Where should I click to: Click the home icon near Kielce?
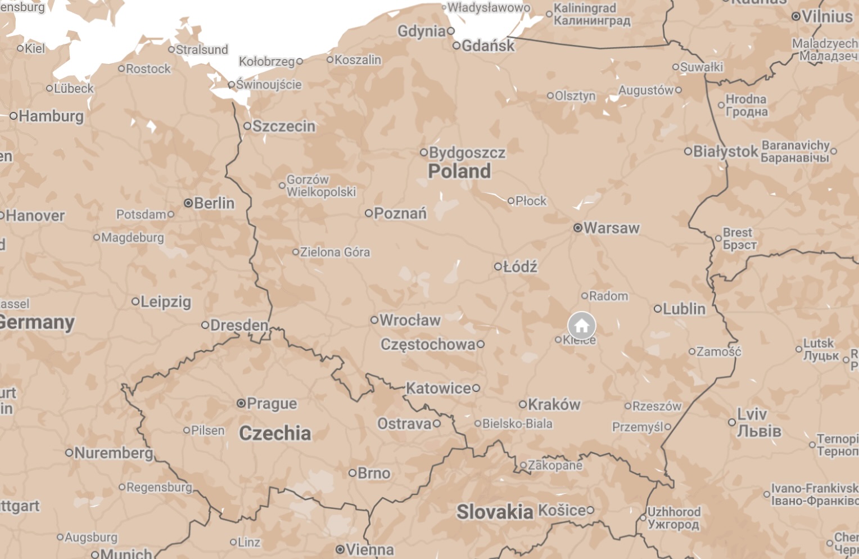581,326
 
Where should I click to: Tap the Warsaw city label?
611,228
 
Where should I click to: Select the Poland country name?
459,171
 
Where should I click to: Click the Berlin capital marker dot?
188,203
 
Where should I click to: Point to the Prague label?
272,403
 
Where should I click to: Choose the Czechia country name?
275,433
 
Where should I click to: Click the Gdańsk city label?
487,46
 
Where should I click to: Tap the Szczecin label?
284,126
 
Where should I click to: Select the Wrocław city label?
410,320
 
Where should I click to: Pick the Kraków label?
554,404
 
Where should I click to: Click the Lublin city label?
684,309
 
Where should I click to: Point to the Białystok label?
725,151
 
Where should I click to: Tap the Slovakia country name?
495,512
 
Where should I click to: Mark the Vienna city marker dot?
340,549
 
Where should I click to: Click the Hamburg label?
51,116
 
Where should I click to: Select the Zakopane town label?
555,465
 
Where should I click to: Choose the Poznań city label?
400,213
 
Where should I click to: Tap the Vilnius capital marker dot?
795,16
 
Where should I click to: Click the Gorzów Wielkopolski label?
321,186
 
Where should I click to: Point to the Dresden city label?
239,325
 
